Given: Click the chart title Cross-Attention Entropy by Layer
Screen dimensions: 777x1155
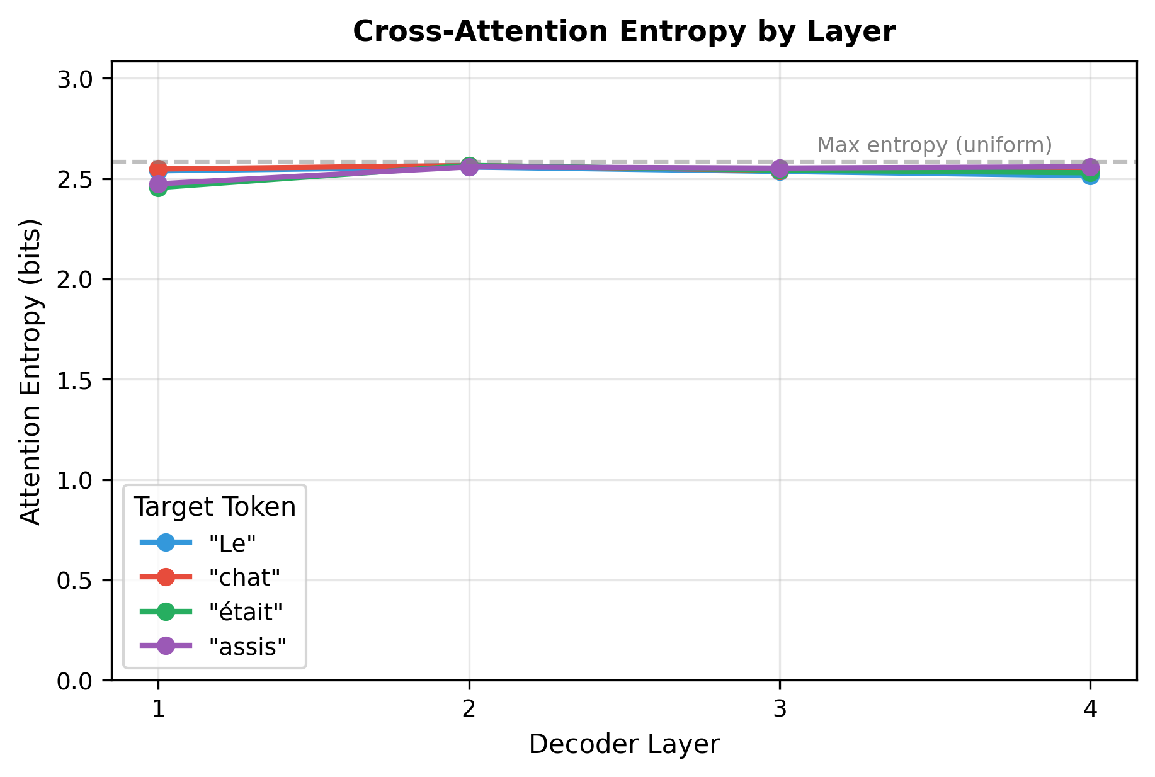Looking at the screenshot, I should click(x=623, y=31).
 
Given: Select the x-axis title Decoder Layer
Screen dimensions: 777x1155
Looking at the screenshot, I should click(x=623, y=744).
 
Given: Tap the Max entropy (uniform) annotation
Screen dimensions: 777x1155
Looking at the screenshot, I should click(x=934, y=145).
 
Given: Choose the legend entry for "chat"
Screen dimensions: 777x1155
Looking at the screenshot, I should click(x=244, y=577).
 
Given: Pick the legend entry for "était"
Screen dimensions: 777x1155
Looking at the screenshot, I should click(x=246, y=611).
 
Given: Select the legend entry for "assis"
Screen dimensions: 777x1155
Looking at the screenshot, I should click(x=247, y=646).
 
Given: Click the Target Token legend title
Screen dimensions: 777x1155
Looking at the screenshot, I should click(x=215, y=507).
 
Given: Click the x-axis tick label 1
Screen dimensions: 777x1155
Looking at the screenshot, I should click(x=158, y=710).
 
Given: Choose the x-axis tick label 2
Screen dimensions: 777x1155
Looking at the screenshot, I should click(x=469, y=710).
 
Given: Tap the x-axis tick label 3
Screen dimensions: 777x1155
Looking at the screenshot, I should click(x=780, y=710).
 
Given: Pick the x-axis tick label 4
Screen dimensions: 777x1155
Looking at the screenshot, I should click(x=1091, y=710).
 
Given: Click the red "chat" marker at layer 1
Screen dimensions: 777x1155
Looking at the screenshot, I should click(x=158, y=169).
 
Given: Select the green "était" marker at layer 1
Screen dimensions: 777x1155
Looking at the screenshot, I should click(x=158, y=188).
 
